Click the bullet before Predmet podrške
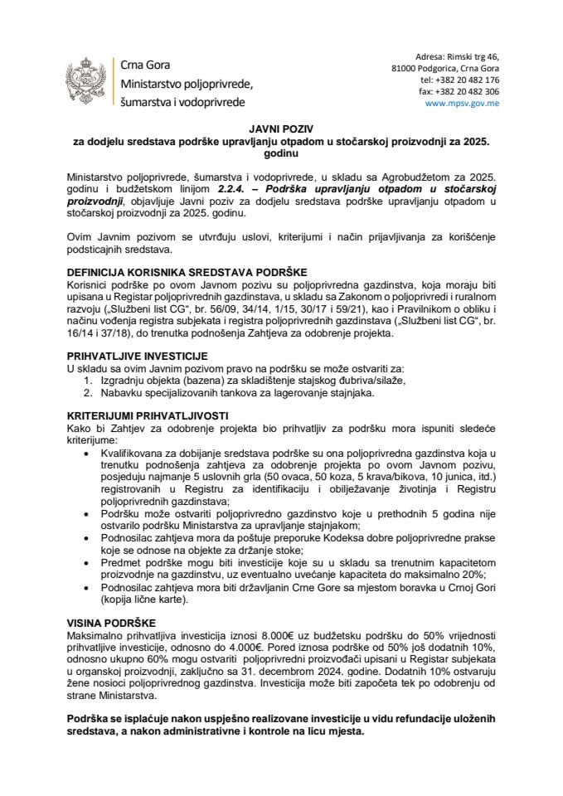tap(89, 561)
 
